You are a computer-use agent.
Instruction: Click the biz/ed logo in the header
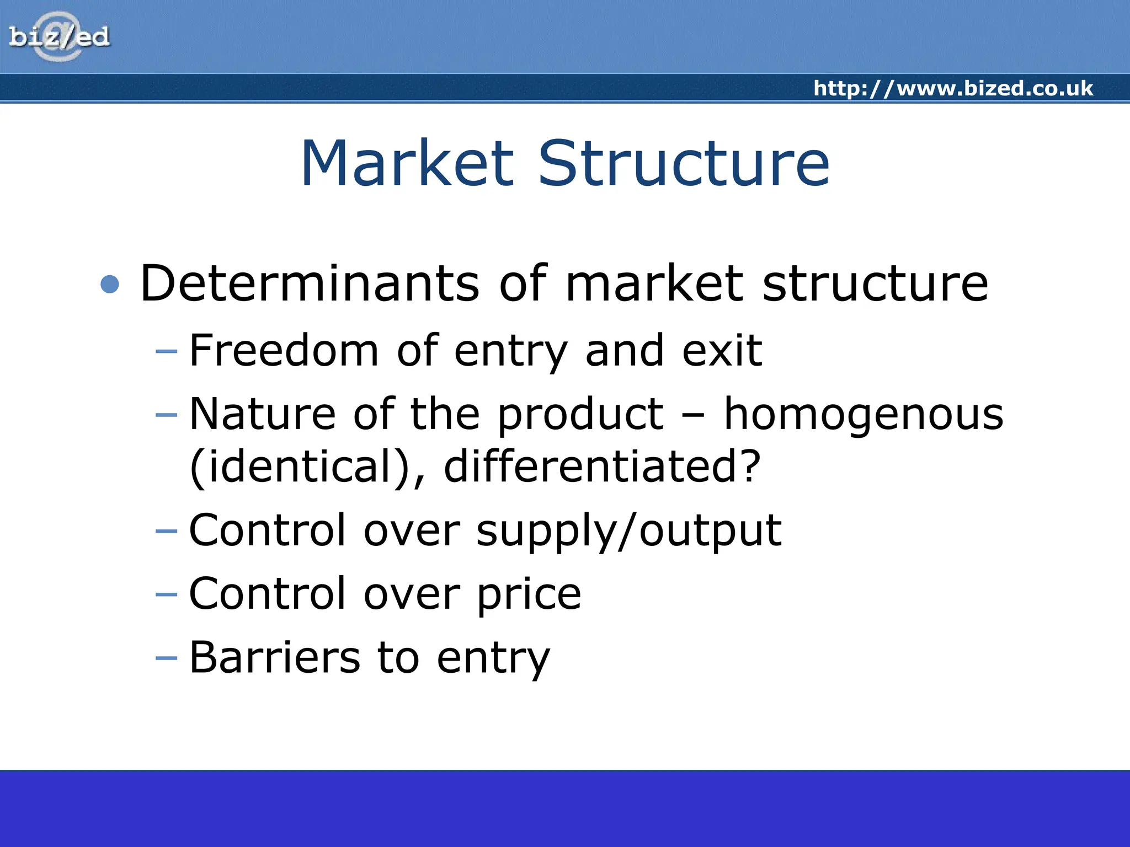pos(59,36)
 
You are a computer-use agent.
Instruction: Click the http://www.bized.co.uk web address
pos(953,88)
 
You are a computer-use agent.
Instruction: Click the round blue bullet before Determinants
pos(110,285)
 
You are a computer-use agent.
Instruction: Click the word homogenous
pos(863,415)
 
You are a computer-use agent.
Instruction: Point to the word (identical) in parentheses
pos(307,467)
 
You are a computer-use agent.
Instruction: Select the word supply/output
pos(628,530)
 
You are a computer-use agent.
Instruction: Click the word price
pos(529,594)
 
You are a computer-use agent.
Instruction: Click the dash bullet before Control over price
pos(167,594)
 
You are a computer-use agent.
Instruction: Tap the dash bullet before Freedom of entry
pos(167,351)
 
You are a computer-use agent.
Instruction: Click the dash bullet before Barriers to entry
pos(167,658)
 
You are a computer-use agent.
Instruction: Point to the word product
pos(580,415)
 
